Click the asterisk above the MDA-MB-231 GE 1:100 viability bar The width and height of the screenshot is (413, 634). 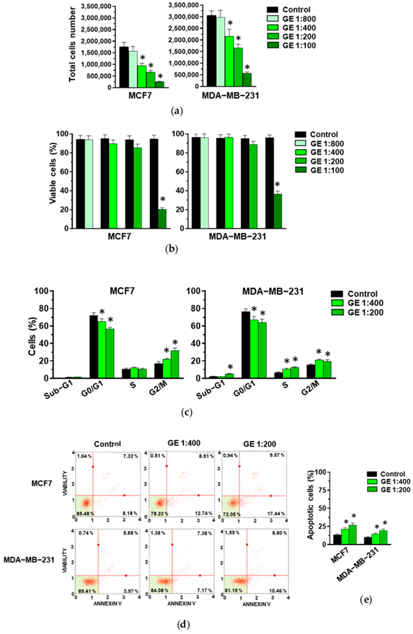(277, 185)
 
